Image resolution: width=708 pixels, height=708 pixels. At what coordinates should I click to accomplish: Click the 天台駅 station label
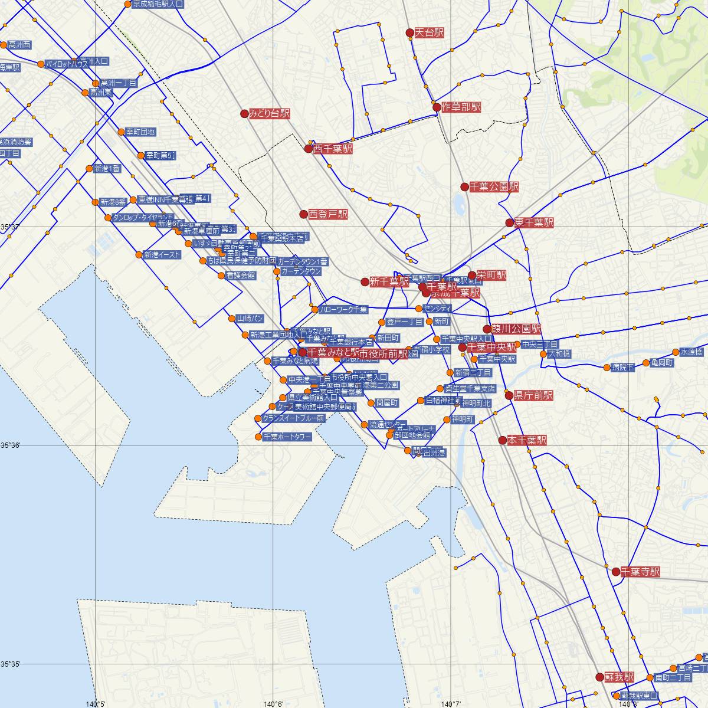429,33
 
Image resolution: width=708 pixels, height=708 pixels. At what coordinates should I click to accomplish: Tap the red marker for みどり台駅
244,113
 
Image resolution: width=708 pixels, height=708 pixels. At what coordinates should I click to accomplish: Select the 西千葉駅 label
333,149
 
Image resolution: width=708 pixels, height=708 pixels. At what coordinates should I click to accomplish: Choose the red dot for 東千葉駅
509,223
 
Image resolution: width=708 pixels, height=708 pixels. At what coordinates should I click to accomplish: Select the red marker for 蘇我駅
599,677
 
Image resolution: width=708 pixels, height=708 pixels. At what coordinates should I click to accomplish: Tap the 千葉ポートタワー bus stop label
287,437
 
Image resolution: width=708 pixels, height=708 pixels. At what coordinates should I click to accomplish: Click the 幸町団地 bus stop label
140,132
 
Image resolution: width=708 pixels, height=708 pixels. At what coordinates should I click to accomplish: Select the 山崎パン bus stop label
249,319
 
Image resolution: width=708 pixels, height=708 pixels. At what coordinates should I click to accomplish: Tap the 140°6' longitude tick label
273,703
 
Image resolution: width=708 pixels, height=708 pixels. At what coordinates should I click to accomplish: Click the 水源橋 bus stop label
691,352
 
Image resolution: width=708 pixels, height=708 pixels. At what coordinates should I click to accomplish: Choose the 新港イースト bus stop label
162,255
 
